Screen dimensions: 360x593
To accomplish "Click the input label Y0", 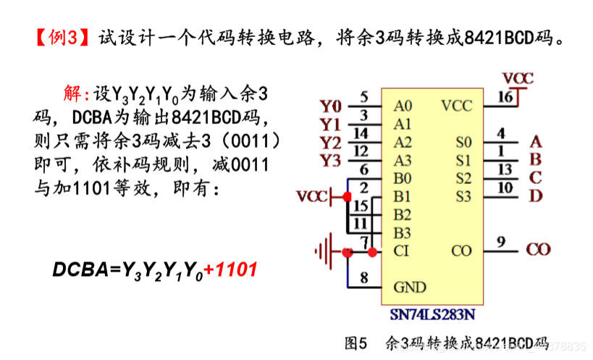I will pos(330,106).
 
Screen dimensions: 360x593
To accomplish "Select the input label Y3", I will pos(330,159).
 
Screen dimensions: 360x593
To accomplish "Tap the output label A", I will pos(536,141).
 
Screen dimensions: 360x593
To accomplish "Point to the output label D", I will pos(536,195).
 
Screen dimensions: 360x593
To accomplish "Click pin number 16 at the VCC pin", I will pos(505,96).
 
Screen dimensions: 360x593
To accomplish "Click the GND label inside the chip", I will pos(410,287).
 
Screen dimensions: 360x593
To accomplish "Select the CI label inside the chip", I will pos(402,251).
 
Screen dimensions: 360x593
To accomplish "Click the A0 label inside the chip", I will pos(403,106).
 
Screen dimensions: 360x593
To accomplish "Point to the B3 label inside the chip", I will pos(403,233).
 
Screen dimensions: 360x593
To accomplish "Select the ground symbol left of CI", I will pos(323,251).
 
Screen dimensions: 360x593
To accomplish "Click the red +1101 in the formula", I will pos(230,270).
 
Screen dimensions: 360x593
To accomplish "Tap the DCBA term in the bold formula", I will pos(78,270).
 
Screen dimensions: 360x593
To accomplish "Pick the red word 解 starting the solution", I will pos(73,93).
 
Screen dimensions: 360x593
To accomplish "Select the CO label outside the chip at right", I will pos(538,251).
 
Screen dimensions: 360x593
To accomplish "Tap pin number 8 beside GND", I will pos(363,277).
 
